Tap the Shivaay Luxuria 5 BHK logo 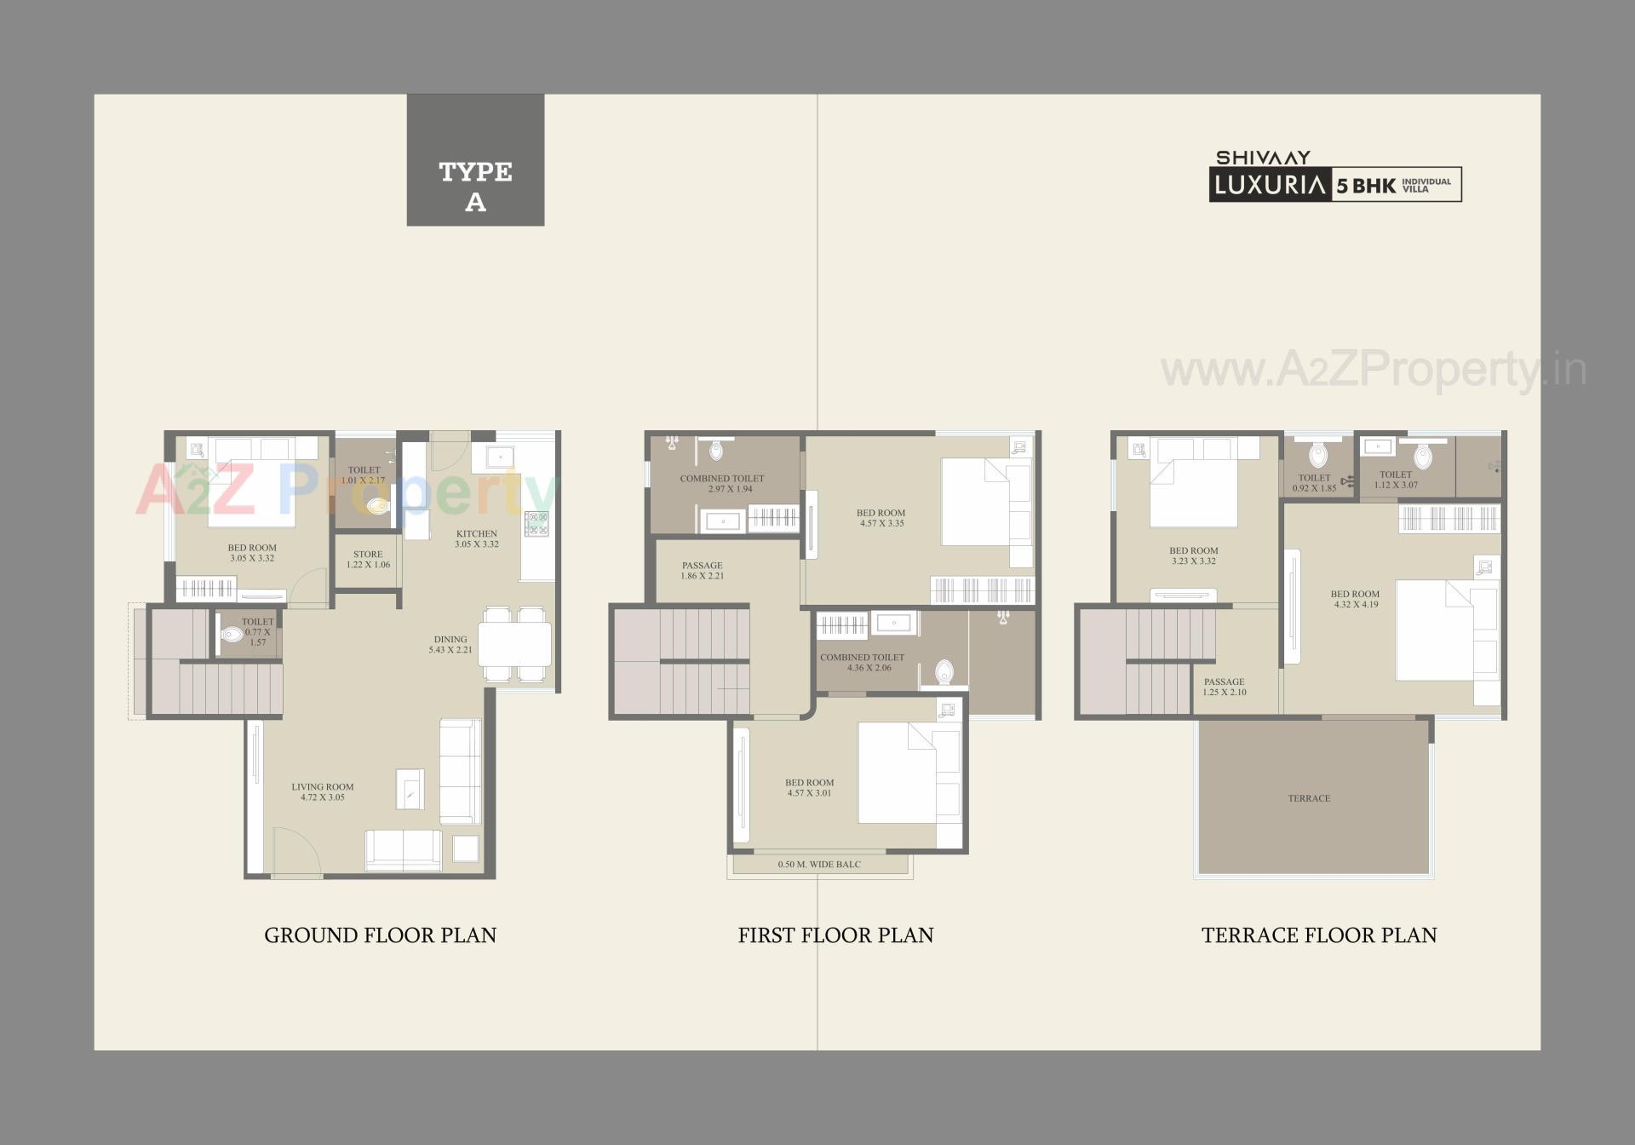coord(1334,176)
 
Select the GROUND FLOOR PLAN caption coord(380,935)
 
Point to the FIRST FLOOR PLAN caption coord(835,935)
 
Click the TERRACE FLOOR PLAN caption coord(1318,935)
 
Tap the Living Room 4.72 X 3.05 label coord(322,792)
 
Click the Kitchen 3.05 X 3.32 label coord(476,538)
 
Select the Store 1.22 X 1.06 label coord(368,559)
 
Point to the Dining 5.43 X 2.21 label coord(450,644)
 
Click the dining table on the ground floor coord(514,644)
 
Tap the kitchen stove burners coord(536,523)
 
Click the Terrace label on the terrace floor coord(1309,798)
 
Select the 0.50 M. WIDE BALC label coord(818,865)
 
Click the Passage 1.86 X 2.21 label coord(702,570)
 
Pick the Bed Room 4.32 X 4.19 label coord(1355,599)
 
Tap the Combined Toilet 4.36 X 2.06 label coord(862,662)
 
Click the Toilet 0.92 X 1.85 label coord(1314,483)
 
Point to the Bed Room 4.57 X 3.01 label coord(809,787)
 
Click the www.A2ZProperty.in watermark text coord(1373,370)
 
